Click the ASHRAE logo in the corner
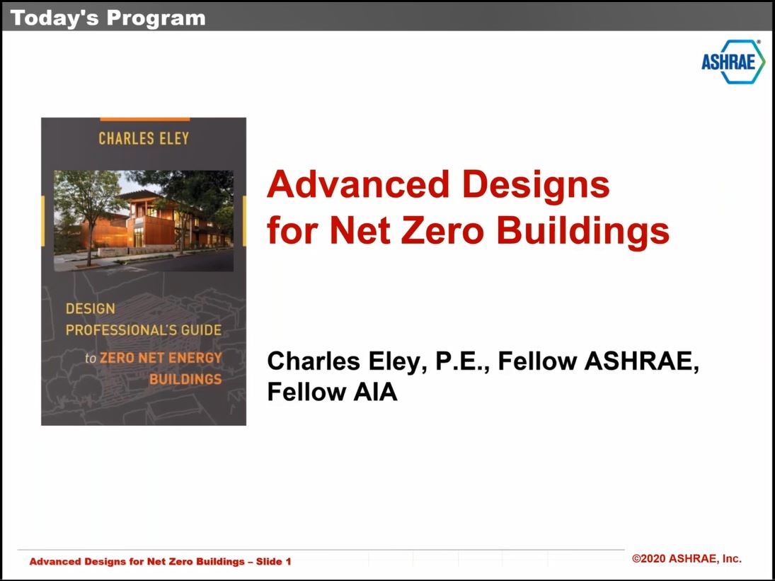tap(733, 62)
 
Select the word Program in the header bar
tap(156, 19)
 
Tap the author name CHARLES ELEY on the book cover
tap(144, 139)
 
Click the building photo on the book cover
tap(144, 221)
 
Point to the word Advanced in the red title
tap(358, 185)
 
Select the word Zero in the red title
tap(442, 231)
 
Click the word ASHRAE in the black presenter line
tap(641, 361)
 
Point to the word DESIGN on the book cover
tap(91, 309)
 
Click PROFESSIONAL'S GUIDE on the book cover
tap(144, 330)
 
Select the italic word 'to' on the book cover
tap(91, 359)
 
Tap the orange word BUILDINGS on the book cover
tap(186, 380)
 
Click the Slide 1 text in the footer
tap(273, 562)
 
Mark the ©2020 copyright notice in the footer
tap(687, 559)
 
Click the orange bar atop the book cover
tap(145, 119)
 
